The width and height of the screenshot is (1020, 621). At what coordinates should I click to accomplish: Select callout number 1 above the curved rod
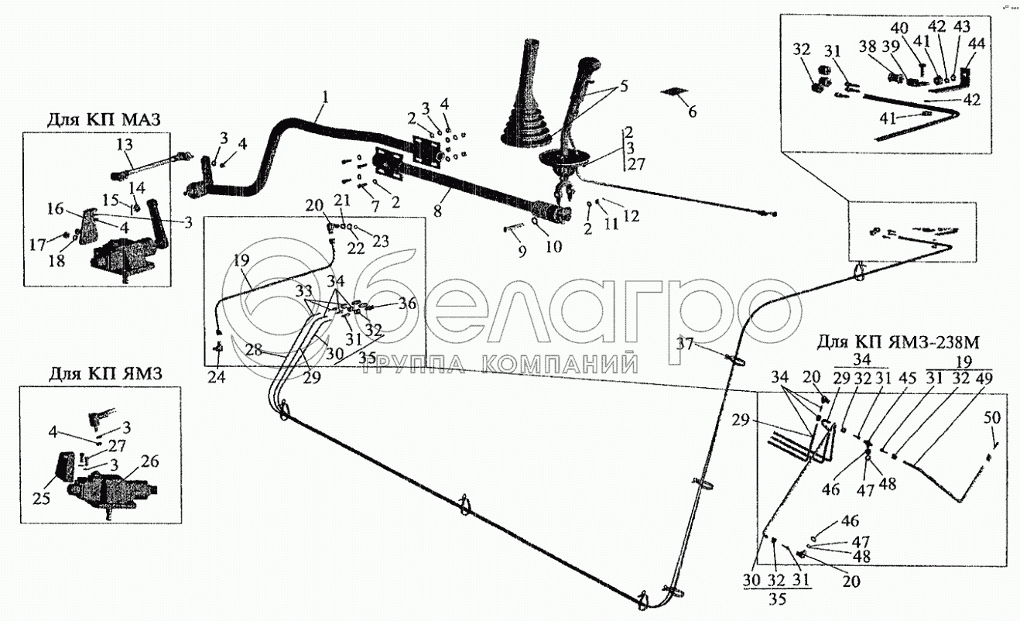pyautogui.click(x=326, y=98)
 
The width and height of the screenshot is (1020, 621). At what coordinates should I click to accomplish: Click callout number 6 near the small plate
pyautogui.click(x=692, y=112)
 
